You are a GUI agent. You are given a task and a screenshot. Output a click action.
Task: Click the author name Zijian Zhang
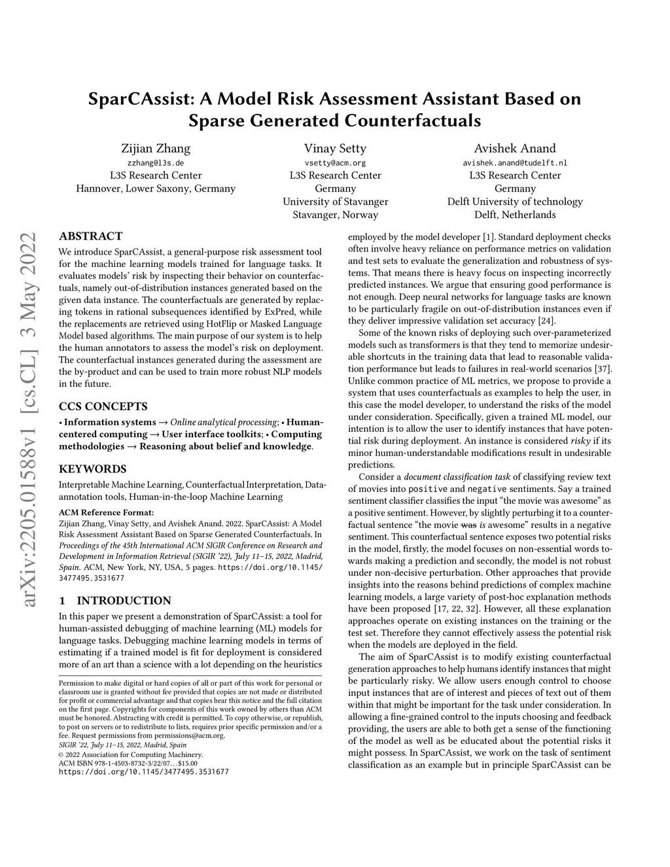pos(156,149)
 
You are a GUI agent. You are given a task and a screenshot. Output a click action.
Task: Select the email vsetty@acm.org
pos(335,163)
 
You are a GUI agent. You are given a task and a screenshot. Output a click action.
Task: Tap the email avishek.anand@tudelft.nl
pos(515,163)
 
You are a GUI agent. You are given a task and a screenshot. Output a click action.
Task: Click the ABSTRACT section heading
pos(90,236)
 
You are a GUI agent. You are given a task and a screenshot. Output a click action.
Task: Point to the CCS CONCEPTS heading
pos(103,406)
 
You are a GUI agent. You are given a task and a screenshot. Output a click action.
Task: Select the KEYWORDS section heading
pos(92,469)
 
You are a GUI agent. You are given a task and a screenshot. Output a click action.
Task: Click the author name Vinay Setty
pos(335,149)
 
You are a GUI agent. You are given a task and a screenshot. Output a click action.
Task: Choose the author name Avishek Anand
pos(515,149)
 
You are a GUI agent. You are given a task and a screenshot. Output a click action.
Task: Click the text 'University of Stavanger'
pos(335,202)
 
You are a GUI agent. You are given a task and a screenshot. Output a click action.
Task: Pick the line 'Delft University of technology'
pos(515,202)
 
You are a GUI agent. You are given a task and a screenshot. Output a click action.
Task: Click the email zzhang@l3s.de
pos(156,163)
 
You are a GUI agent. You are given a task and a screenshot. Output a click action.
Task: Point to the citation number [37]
pos(603,368)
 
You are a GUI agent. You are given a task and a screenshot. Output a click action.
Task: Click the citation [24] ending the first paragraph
pos(546,321)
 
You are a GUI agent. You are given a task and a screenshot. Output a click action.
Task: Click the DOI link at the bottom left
pos(144,772)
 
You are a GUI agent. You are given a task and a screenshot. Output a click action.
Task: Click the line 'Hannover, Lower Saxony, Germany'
pos(156,188)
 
